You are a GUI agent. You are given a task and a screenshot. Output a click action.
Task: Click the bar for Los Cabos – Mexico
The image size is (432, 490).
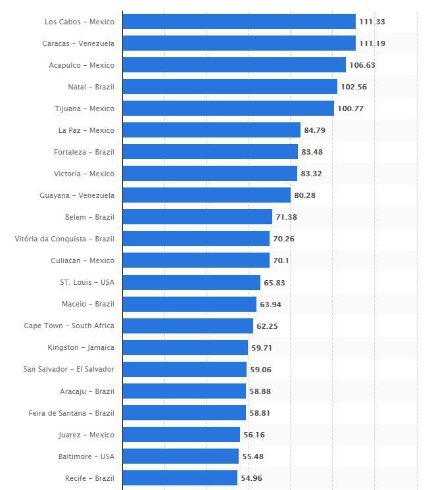click(x=239, y=22)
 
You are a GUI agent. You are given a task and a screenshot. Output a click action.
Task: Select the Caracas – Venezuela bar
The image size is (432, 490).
click(x=239, y=43)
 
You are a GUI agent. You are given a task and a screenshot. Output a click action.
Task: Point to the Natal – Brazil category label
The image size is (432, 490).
click(x=91, y=87)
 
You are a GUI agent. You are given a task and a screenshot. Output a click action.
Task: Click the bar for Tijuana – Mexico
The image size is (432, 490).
click(x=228, y=109)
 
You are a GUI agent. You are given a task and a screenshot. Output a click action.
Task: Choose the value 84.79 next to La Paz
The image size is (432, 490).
click(x=314, y=130)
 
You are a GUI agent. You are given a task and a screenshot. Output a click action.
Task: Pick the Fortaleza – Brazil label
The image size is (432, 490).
click(x=84, y=152)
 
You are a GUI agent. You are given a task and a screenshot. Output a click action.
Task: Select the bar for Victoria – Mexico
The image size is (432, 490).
click(x=210, y=174)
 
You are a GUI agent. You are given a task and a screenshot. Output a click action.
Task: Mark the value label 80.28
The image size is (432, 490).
click(x=304, y=195)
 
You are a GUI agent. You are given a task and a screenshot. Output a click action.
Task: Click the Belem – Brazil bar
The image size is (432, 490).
click(x=197, y=217)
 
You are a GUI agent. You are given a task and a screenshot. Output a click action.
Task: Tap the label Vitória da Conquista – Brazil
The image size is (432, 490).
click(x=64, y=239)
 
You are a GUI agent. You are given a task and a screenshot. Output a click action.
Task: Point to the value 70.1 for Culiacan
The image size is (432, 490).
click(x=281, y=260)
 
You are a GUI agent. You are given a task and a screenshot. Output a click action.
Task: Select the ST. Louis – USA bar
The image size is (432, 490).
click(x=191, y=282)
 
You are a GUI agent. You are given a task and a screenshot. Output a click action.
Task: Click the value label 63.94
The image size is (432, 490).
click(x=270, y=304)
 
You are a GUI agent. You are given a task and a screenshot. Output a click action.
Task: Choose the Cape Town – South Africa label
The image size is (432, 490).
click(x=69, y=326)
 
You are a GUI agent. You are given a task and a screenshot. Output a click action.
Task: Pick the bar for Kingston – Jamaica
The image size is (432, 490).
click(x=185, y=347)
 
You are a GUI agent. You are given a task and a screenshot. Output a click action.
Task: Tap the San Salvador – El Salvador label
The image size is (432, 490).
click(x=68, y=369)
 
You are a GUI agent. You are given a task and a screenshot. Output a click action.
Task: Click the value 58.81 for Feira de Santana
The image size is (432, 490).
click(x=259, y=412)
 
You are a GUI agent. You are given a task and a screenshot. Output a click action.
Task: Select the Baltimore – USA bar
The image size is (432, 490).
click(x=181, y=456)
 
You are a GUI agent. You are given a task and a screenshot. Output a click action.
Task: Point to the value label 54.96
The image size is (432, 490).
click(x=251, y=478)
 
